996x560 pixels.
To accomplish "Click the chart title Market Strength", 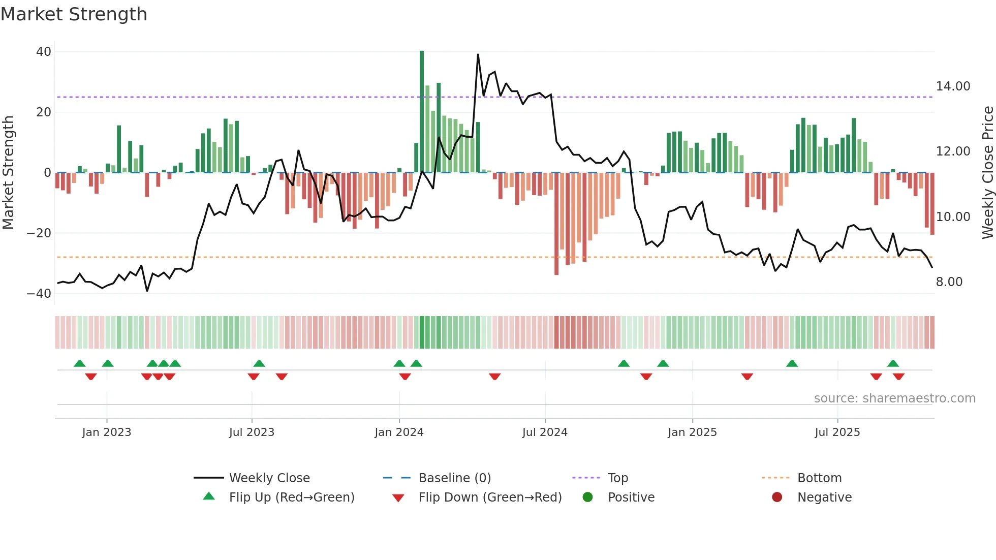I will click(x=74, y=14).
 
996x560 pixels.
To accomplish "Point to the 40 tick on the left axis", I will click(x=44, y=52).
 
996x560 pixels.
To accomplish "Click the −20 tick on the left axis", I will click(x=39, y=233).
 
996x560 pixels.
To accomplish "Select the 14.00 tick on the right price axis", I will click(x=953, y=86).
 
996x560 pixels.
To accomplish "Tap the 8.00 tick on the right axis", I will click(x=949, y=282).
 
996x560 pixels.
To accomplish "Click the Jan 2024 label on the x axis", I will click(x=399, y=432).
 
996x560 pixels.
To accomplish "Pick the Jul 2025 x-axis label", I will click(x=837, y=432).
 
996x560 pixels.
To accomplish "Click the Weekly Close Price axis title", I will click(x=987, y=173).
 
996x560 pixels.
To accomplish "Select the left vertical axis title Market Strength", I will click(x=8, y=173).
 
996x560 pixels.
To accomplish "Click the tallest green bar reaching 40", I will click(x=422, y=112).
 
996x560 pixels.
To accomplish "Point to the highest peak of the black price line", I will click(x=478, y=55).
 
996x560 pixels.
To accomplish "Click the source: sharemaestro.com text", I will click(x=894, y=398).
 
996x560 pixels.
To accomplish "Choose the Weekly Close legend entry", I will click(x=269, y=478).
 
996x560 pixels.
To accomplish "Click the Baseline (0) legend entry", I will click(x=454, y=478).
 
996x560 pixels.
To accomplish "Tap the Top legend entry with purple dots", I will click(x=617, y=478).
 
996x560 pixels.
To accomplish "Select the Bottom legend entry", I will click(x=819, y=478).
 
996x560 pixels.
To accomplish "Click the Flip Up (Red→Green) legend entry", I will click(x=291, y=497).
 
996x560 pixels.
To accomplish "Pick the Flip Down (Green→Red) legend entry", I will click(x=490, y=497).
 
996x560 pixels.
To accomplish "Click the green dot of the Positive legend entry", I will click(x=588, y=497).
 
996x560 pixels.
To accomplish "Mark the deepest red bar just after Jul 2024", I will click(x=556, y=224).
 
